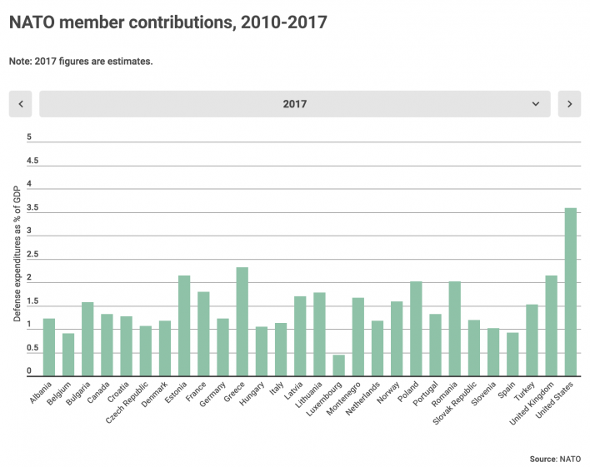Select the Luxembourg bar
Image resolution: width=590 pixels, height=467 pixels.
coord(339,366)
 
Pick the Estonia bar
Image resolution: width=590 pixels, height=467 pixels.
coord(184,326)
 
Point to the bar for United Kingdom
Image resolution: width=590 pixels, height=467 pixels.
coord(551,326)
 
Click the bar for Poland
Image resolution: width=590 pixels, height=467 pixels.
coord(416,330)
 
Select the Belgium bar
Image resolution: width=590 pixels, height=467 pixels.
coord(68,355)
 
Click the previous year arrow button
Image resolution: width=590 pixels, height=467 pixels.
coord(20,104)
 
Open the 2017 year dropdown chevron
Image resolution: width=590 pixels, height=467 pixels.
coord(536,104)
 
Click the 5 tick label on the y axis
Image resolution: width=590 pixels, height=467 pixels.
coord(29,137)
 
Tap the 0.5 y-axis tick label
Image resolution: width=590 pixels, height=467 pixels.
coord(32,348)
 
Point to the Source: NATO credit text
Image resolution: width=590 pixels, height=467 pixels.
coord(555,458)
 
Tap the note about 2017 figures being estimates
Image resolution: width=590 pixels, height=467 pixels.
coord(81,61)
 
